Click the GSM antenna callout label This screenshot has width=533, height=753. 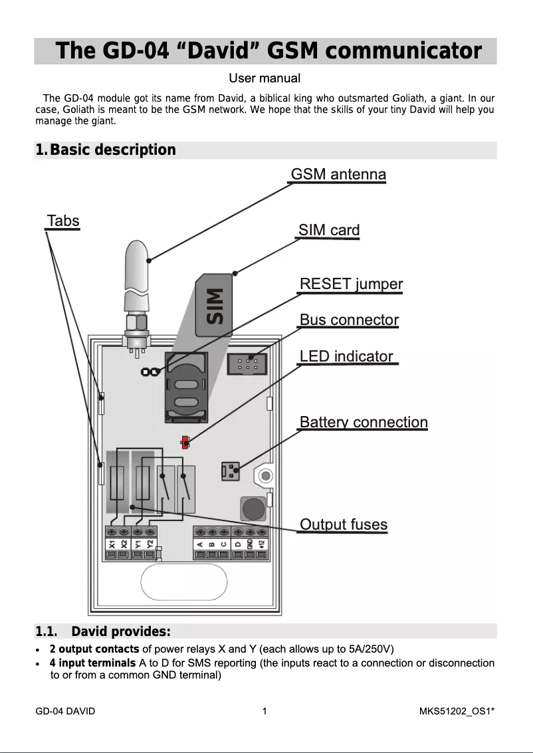(x=338, y=174)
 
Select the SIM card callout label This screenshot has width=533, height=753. (x=329, y=231)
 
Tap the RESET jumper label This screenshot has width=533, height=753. (x=351, y=284)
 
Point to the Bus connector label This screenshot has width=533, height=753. (x=349, y=320)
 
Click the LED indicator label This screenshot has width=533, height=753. (x=346, y=356)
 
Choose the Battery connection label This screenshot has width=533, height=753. (x=364, y=422)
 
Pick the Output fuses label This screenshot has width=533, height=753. (x=344, y=524)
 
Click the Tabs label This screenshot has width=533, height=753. (x=63, y=221)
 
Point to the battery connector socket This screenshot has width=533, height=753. (x=229, y=471)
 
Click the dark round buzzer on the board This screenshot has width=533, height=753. (x=253, y=509)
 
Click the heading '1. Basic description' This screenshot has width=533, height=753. (x=106, y=150)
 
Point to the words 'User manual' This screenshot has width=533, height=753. (x=265, y=79)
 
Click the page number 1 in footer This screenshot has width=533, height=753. (x=265, y=711)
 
